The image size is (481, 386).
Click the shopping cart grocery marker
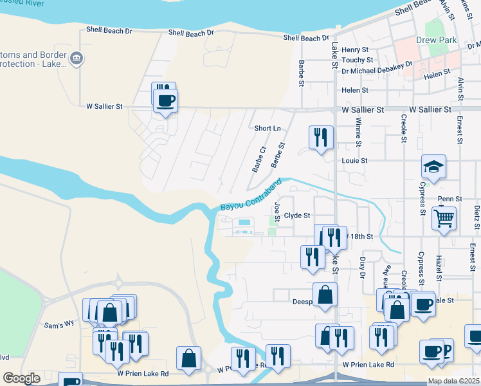(444, 217)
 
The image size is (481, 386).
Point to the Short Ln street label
(268, 128)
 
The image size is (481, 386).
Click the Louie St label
(354, 160)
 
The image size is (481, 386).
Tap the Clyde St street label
(297, 216)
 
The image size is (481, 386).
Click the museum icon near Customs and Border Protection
(77, 59)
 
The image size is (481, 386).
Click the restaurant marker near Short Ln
(320, 137)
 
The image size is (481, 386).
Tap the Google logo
(21, 378)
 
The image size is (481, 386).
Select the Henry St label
(355, 50)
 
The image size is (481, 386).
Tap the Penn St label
(449, 199)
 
